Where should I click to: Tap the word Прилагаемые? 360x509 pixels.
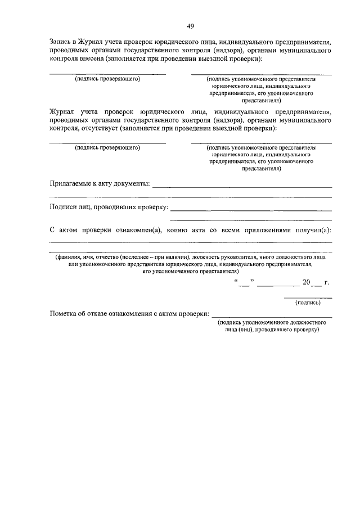(73, 183)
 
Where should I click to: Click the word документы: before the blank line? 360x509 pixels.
(131, 183)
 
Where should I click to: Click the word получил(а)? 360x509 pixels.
(314, 231)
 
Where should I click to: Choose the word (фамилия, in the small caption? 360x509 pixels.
(69, 256)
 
